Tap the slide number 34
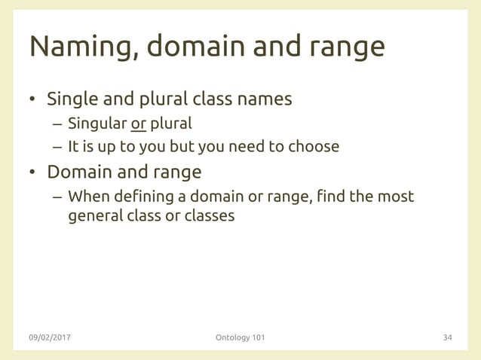(447, 337)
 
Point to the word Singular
(96, 123)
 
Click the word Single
(72, 99)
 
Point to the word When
(87, 197)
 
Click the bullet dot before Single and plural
(32, 100)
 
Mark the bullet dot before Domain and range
(32, 172)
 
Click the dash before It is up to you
(57, 146)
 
